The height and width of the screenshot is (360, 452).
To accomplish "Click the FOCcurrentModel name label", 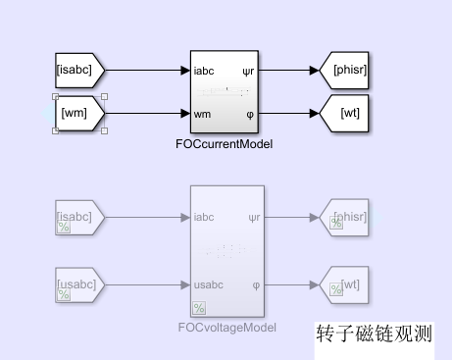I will (226, 144).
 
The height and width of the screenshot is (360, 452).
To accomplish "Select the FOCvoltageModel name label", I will (226, 328).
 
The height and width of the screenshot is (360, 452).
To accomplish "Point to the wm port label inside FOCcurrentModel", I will (203, 113).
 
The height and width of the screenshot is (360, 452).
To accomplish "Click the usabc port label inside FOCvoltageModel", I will (210, 285).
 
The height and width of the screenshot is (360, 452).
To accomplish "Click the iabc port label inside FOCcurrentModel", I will (205, 70).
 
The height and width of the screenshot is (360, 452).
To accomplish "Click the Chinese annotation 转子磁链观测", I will (374, 334).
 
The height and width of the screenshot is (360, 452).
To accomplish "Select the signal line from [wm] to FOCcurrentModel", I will (142, 113).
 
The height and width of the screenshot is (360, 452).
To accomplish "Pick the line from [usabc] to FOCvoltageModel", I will (142, 285).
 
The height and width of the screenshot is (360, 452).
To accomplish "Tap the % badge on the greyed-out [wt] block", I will (336, 288).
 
